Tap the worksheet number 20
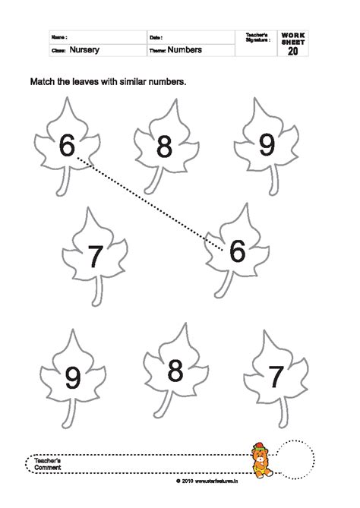click(x=293, y=52)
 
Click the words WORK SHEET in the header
click(x=293, y=39)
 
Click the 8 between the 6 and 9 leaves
click(x=165, y=147)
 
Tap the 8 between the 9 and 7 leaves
click(x=175, y=371)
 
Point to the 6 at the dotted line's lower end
click(x=236, y=251)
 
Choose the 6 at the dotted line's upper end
click(x=66, y=144)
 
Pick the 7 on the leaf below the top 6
click(x=95, y=257)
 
